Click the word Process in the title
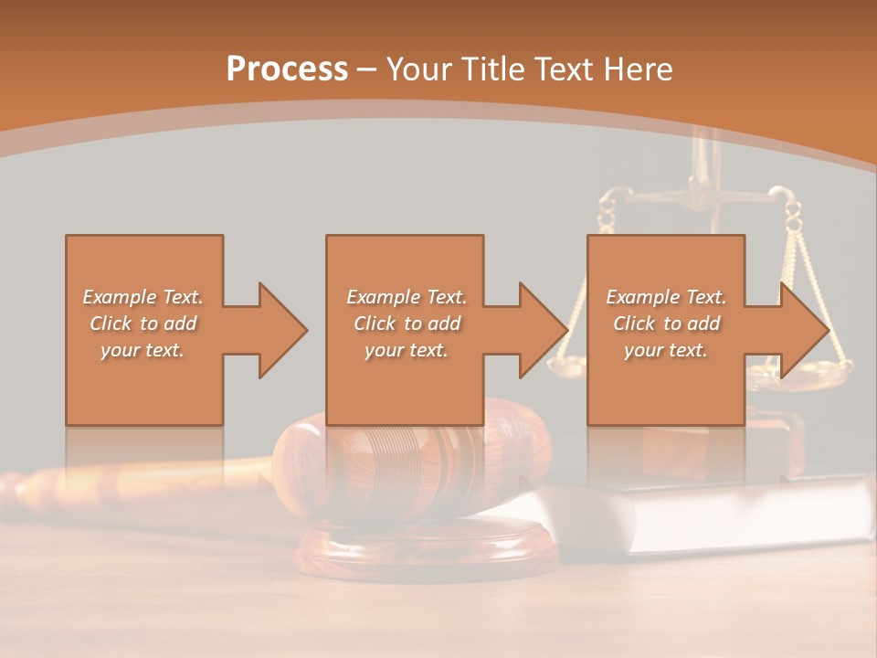(287, 69)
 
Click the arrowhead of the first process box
(282, 330)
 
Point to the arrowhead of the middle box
(543, 330)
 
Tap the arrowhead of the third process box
(804, 330)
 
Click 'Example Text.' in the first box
(143, 297)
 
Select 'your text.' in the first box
(143, 350)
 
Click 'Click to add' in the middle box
(407, 324)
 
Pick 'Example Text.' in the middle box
(407, 297)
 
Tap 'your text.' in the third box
(666, 350)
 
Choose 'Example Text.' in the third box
(666, 297)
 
